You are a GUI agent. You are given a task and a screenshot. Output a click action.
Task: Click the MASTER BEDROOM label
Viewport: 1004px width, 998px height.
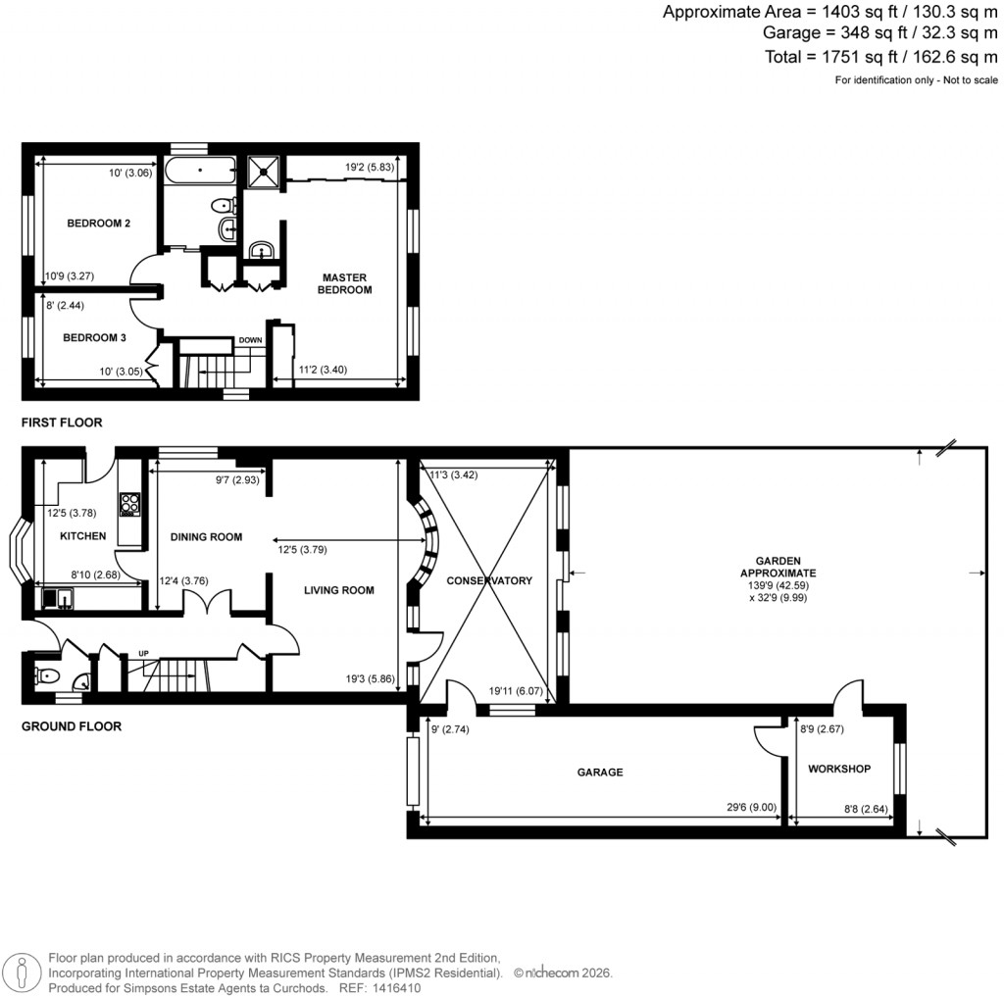coord(345,283)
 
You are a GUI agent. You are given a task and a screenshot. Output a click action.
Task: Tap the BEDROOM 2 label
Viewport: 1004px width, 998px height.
coord(99,224)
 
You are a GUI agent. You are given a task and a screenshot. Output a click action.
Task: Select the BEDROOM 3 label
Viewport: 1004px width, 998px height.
coord(94,338)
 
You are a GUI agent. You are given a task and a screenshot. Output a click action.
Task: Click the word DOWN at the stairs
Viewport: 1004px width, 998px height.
coord(251,340)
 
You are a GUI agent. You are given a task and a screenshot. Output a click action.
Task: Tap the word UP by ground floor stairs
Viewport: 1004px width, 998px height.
coord(144,653)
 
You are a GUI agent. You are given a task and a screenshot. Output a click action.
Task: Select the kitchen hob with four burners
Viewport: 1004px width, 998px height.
coord(129,505)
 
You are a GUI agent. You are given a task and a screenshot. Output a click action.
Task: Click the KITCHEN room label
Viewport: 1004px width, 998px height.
coord(82,536)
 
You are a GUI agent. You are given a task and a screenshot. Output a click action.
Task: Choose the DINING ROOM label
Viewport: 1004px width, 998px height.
coord(206,536)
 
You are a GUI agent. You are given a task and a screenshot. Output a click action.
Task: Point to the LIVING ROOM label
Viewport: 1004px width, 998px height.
coord(338,589)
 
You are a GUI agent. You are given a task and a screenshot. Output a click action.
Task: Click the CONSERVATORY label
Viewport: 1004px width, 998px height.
coord(489,580)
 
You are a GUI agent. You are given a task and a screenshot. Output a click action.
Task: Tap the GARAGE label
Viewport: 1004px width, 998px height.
coord(599,773)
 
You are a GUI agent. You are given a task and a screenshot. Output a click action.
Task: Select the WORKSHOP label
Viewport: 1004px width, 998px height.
coord(838,769)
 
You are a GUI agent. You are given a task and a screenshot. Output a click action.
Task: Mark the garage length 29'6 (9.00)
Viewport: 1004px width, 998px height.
coord(751,808)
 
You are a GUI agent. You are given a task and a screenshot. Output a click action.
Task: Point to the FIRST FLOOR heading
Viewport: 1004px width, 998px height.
coord(62,423)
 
